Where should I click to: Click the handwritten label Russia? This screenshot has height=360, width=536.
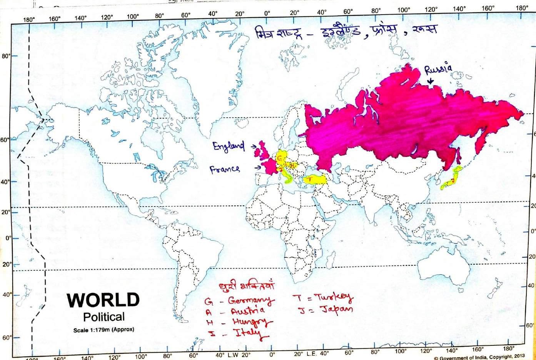438,69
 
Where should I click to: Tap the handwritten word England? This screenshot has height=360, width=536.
229,147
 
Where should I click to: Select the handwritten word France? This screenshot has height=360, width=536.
225,169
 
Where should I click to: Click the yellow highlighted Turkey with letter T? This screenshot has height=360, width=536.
315,180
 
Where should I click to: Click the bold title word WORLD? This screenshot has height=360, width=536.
103,300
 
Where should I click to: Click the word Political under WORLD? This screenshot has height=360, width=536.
104,317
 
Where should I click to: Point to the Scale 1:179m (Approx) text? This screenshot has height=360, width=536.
104,330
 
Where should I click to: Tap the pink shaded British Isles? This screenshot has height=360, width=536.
262,150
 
